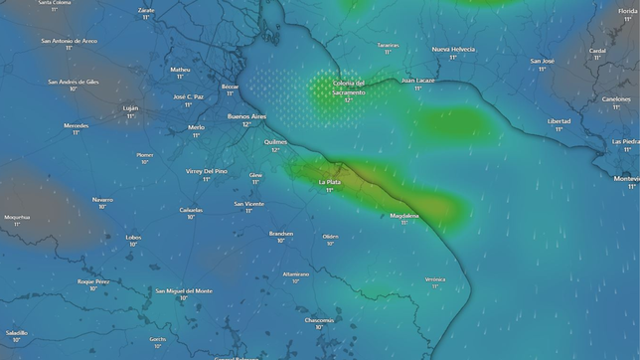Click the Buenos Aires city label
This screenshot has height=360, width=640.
[246, 116]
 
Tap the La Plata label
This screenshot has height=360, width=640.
[329, 182]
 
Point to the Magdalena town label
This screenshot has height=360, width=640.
[404, 215]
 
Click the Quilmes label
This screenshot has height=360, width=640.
[275, 141]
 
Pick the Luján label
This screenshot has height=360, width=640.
[130, 107]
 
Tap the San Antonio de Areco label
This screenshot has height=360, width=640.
[69, 41]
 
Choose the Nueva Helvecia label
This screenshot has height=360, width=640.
[453, 49]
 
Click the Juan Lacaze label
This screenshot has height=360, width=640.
[418, 81]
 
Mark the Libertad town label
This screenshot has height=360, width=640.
[560, 121]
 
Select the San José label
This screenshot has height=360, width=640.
[542, 61]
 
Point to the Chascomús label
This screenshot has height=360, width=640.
[319, 319]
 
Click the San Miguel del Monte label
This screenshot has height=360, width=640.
[184, 290]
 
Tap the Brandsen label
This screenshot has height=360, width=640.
[281, 234]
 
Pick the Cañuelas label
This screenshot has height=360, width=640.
[192, 209]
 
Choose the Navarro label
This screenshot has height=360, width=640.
[102, 199]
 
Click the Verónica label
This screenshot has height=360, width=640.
[434, 279]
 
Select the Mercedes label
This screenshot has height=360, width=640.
[76, 125]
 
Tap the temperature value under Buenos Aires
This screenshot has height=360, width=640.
[246, 124]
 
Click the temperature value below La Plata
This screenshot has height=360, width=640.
[329, 190]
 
